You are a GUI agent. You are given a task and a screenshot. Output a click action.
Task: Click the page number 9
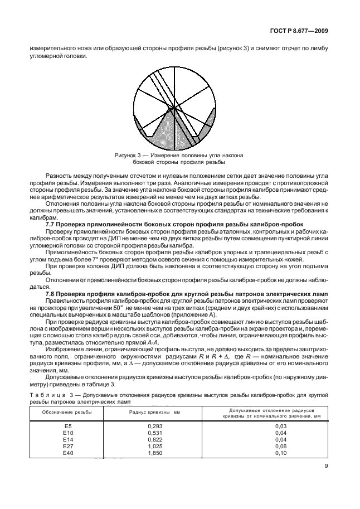[325, 468]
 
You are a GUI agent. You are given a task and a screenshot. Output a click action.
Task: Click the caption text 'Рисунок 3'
[127, 156]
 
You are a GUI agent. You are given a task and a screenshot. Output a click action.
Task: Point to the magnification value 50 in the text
[116, 307]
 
